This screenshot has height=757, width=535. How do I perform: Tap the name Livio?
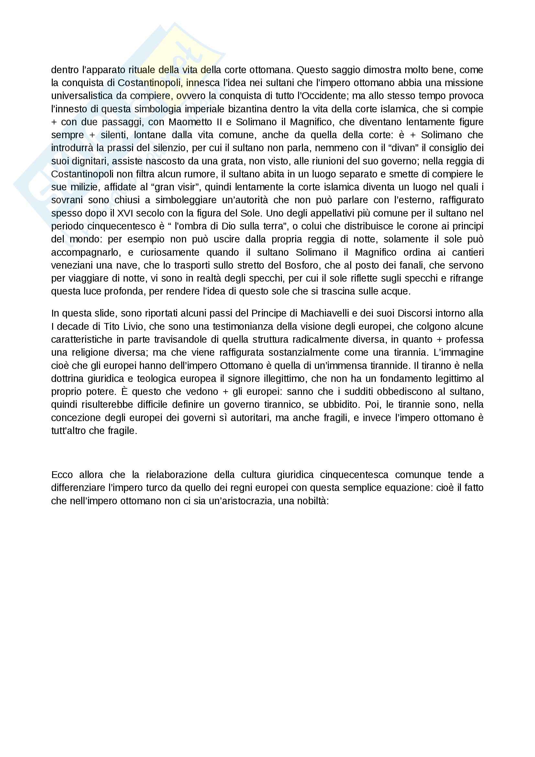134,326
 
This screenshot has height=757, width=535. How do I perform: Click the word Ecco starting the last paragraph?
62,475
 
